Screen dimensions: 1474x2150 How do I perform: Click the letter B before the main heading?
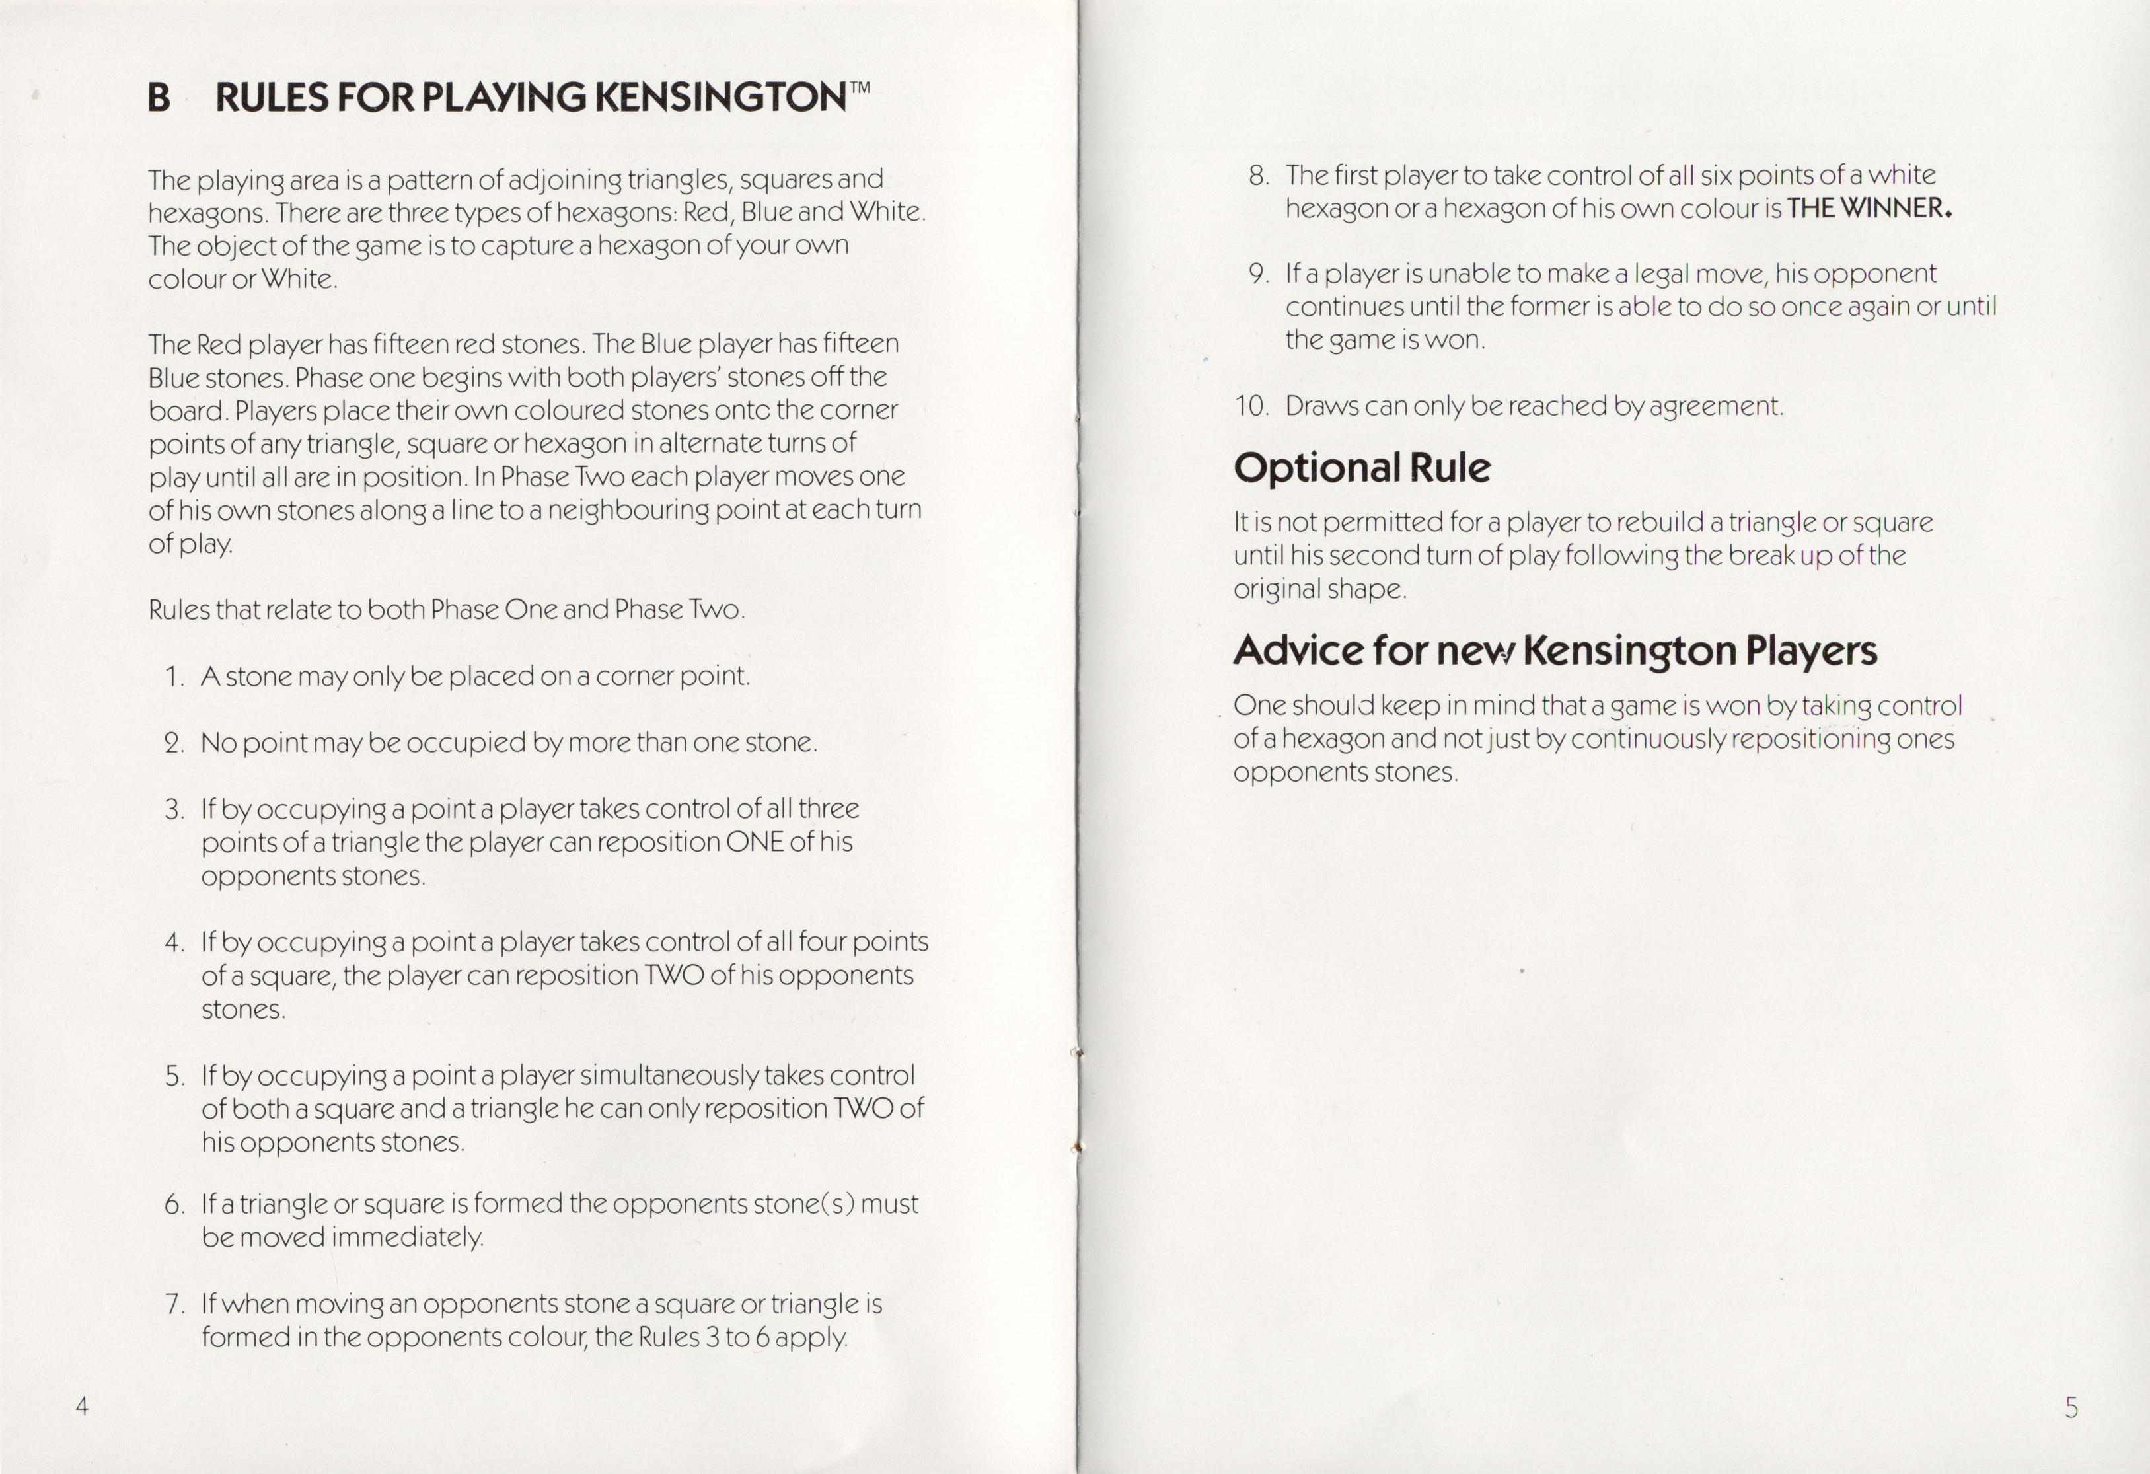[159, 98]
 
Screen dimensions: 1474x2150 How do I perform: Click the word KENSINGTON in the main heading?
[719, 98]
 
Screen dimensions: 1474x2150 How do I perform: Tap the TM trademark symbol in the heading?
[860, 89]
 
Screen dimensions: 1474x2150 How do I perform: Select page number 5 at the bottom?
[2071, 1407]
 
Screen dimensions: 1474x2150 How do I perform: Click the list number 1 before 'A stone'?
[173, 677]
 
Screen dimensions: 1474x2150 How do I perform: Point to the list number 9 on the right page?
[1257, 274]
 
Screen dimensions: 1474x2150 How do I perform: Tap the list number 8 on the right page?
[1257, 176]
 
